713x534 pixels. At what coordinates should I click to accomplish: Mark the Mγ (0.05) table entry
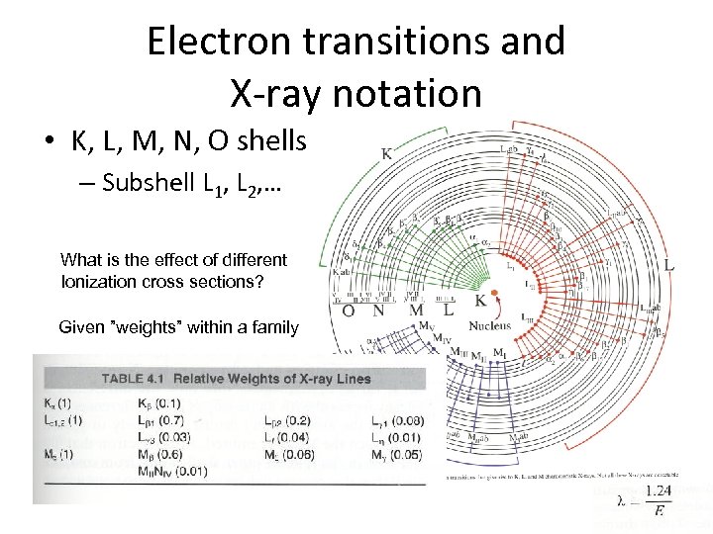(396, 455)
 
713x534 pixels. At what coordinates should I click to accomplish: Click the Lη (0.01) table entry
(394, 437)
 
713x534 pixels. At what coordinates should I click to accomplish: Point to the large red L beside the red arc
(670, 265)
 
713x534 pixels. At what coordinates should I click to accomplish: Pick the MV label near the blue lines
(427, 325)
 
